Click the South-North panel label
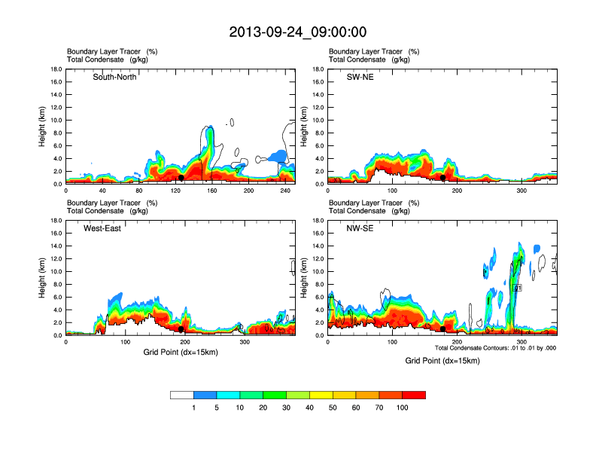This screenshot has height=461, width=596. pos(114,77)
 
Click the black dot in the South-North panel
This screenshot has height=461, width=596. pos(181,178)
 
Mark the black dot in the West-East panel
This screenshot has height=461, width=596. pos(181,329)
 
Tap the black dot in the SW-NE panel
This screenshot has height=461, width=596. pos(442,178)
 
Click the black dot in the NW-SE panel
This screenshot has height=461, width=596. pos(442,329)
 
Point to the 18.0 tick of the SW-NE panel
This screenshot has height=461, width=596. pos(318,69)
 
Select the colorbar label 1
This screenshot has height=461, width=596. pos(193,408)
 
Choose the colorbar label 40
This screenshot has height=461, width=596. pos(309,408)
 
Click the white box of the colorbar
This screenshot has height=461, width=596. pos(182,395)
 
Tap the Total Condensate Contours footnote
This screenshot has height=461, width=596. pos(495,348)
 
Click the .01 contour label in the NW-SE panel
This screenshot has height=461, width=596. pos(517,288)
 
